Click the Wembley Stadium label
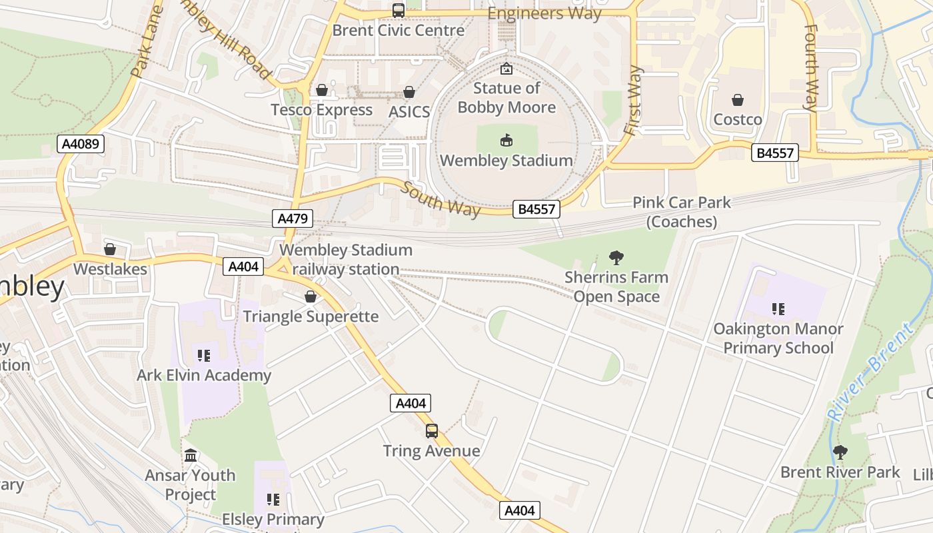coord(506,161)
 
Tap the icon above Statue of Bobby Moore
coord(506,68)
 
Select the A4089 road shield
coord(81,144)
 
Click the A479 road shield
coord(293,219)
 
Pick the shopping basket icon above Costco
coord(738,101)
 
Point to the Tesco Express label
coord(322,110)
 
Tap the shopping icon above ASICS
coord(409,93)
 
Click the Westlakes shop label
coord(110,268)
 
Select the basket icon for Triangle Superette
coord(311,297)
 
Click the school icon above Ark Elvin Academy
coord(204,356)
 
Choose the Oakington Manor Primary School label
coord(778,338)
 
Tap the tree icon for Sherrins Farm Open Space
coord(616,257)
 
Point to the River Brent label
coord(870,371)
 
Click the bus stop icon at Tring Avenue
coord(432,431)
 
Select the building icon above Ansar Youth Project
coord(191,456)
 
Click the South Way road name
coord(440,199)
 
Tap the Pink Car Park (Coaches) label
coord(682,212)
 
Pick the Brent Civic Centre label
coord(399,30)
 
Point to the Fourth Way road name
coord(811,67)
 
